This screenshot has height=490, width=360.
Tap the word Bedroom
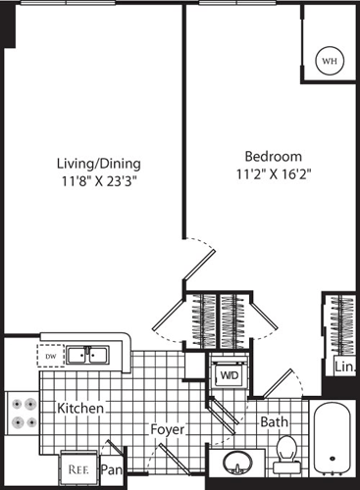click(x=272, y=156)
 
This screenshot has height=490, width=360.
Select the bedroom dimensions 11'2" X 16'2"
click(x=272, y=173)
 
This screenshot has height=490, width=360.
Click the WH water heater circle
click(x=329, y=61)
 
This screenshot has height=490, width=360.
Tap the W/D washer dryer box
click(x=229, y=374)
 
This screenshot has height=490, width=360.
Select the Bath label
click(x=274, y=422)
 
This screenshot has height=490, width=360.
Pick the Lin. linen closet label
click(x=344, y=367)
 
